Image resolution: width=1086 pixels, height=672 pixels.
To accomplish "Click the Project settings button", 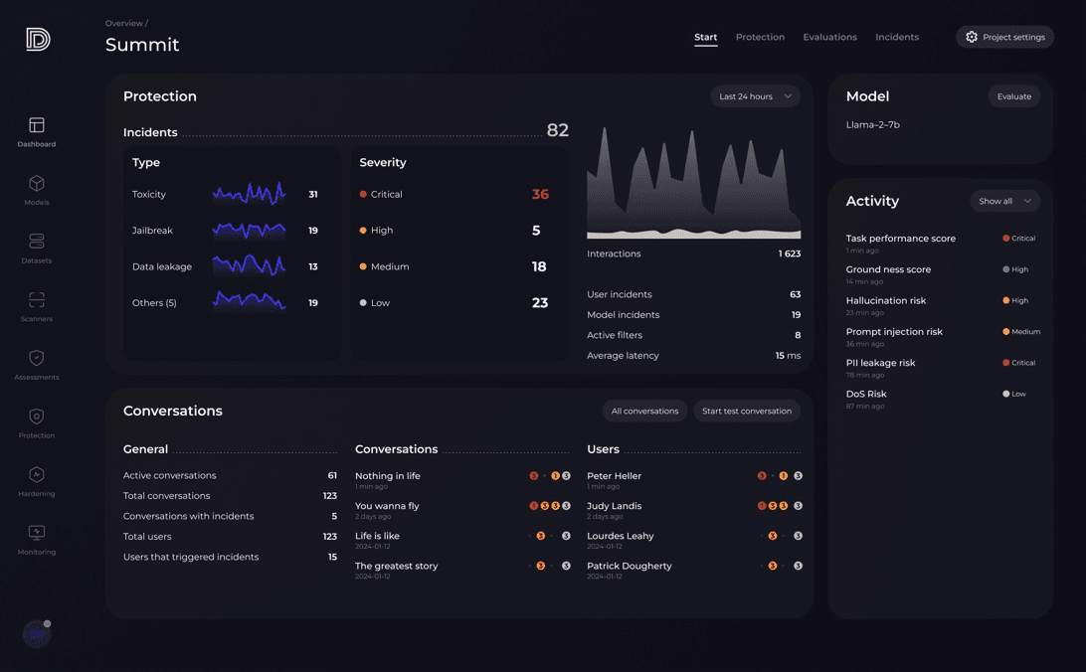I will coord(1004,37).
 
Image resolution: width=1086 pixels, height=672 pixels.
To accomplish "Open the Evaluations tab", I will coord(829,37).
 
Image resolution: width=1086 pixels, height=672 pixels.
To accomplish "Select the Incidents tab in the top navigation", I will coord(896,37).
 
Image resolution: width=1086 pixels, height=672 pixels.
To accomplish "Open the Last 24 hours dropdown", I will coord(755,96).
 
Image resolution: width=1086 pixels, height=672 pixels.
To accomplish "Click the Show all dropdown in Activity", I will coord(1004,201).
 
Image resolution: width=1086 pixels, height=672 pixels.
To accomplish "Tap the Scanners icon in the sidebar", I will coord(37,300).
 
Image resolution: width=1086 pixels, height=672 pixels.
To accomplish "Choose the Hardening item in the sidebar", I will coord(37,475).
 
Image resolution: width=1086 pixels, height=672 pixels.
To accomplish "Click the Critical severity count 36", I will coord(540,194).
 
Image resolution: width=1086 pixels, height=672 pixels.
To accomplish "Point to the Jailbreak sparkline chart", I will coord(249,231).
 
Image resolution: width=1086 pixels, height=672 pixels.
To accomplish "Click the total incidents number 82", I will coord(557,130).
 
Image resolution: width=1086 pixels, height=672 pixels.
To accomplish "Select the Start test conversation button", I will coord(746,411).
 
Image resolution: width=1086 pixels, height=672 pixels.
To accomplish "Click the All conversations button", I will coord(644,411).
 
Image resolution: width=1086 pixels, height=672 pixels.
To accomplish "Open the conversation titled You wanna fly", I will coord(387,506).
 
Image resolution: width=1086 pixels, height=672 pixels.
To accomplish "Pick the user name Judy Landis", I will coord(614,506).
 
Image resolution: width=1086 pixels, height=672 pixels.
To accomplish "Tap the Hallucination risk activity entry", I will coord(885,300).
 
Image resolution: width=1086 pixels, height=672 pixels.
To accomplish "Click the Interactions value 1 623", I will coord(789,253).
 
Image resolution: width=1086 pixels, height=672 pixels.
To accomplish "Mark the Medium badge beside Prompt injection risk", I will coord(1021,332).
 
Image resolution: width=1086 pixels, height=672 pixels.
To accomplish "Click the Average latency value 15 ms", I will coord(788,355).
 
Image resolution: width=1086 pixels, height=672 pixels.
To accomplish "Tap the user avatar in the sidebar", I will coord(37,633).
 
